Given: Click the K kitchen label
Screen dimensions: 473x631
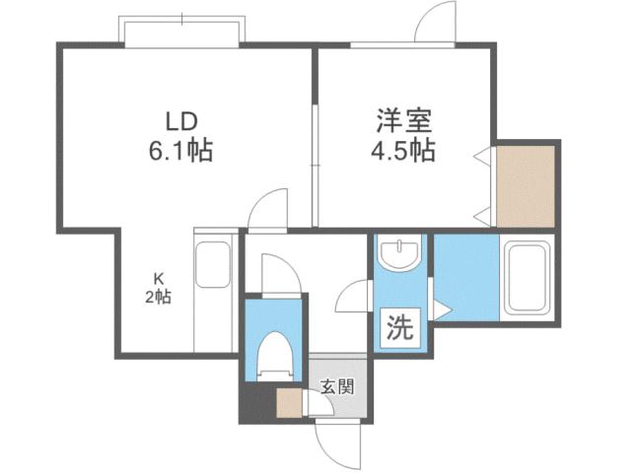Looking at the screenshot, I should tap(156, 277).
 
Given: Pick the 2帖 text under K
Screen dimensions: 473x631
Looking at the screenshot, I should tap(156, 295).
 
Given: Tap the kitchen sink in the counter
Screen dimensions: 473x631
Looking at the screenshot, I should tap(213, 260).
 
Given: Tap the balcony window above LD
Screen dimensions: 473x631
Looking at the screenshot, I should tap(182, 30).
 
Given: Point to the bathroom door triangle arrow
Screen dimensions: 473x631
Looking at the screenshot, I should tap(446, 311).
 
